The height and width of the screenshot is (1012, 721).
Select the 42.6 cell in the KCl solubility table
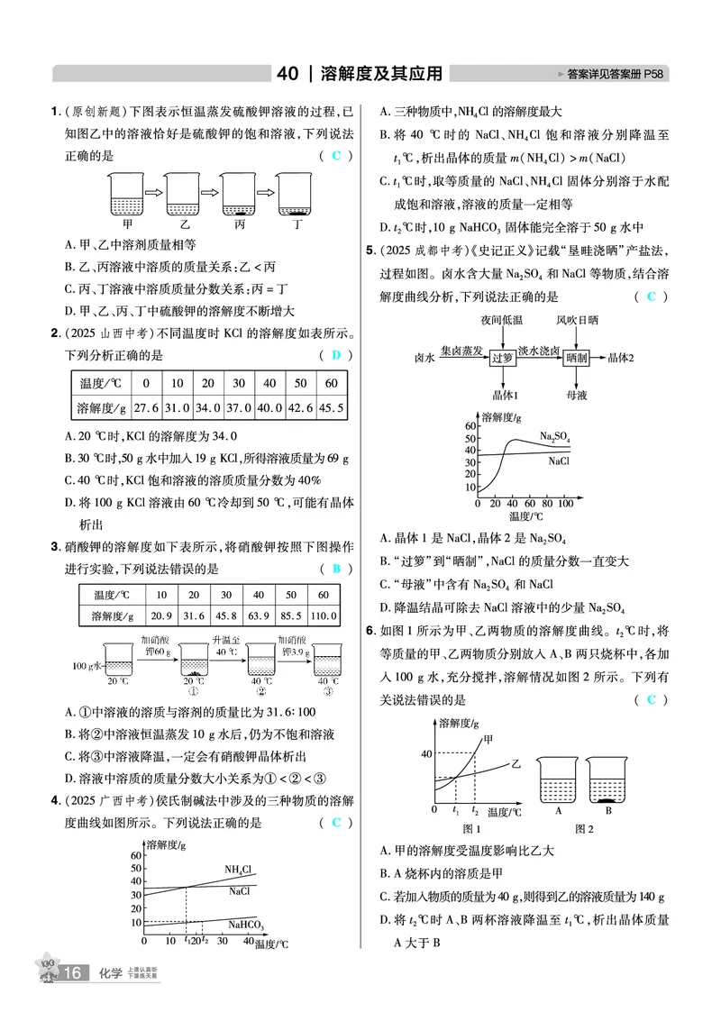click(x=297, y=407)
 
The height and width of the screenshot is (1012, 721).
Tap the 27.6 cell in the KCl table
click(x=145, y=407)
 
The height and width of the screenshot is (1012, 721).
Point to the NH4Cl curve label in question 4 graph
click(x=238, y=870)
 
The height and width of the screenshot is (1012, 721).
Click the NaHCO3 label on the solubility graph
click(x=245, y=925)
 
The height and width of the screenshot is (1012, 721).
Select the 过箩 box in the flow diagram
click(x=502, y=357)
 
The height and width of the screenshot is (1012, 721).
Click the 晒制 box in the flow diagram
click(x=577, y=357)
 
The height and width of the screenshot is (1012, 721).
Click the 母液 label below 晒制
click(x=577, y=395)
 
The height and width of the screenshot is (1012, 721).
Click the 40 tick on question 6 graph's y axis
click(x=425, y=753)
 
